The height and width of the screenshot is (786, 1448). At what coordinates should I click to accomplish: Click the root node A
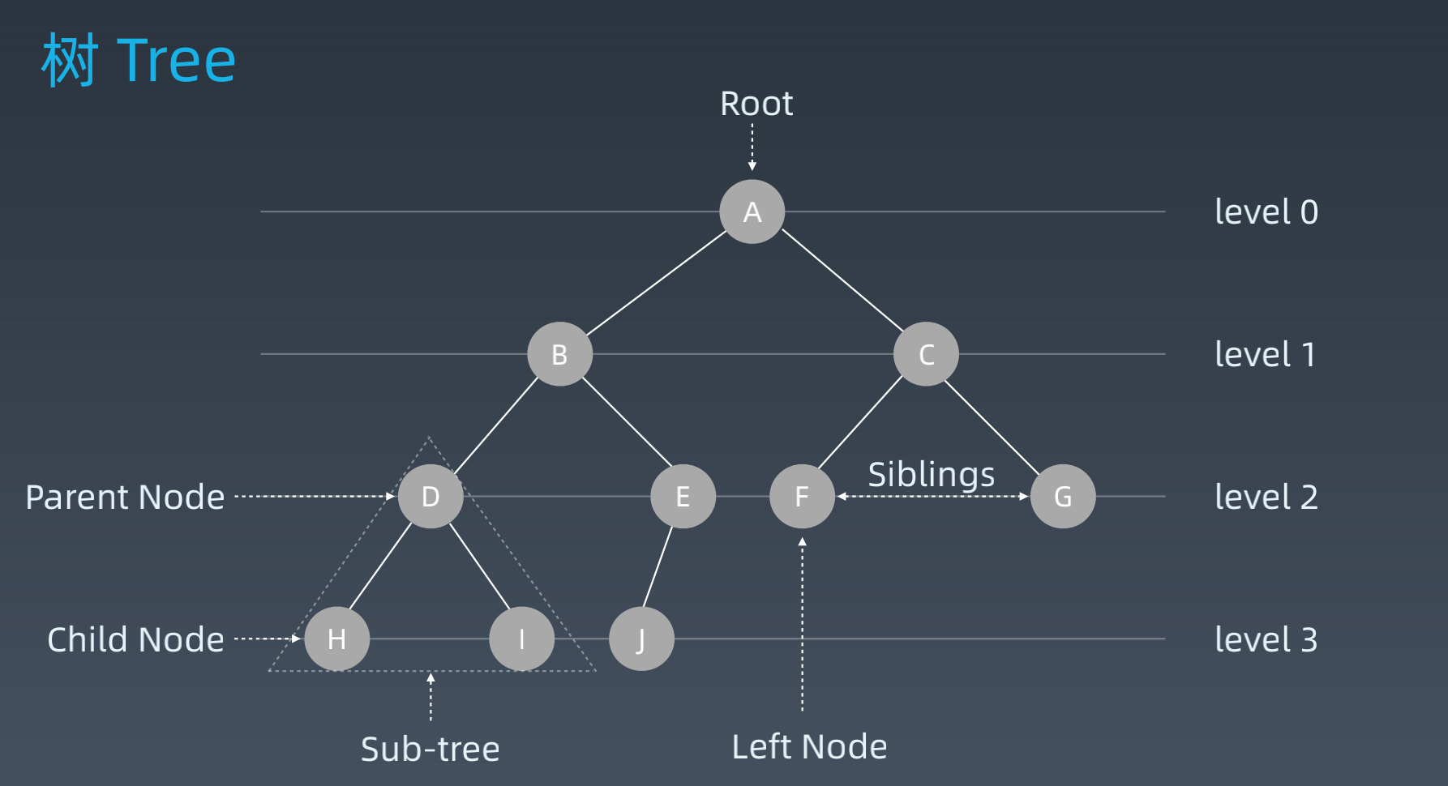[x=752, y=211]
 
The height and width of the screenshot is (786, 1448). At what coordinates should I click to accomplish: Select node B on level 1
[x=559, y=354]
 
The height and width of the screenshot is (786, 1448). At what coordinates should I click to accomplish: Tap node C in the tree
[x=926, y=354]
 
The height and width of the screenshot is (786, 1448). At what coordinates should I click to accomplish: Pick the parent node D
[x=431, y=496]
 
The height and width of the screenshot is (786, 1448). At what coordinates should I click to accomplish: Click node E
[x=683, y=496]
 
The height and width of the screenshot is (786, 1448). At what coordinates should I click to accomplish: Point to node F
[x=802, y=496]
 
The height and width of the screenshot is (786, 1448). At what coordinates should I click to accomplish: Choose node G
[x=1062, y=496]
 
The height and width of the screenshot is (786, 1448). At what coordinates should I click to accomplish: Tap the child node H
[x=337, y=639]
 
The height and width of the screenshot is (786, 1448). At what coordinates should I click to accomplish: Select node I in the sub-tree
[x=521, y=639]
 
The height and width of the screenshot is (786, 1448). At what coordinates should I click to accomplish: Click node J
[x=641, y=639]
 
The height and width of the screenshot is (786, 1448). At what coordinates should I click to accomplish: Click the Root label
[x=756, y=104]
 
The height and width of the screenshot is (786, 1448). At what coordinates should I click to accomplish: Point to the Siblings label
[x=931, y=475]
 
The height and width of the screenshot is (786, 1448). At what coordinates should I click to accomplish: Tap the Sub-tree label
[x=430, y=749]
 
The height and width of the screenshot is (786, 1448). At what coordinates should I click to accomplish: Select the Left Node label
[x=809, y=746]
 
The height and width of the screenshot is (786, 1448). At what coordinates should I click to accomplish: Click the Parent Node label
[x=125, y=497]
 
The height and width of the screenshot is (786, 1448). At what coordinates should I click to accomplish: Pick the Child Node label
[x=135, y=639]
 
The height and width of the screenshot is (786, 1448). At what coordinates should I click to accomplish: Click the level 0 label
[x=1266, y=211]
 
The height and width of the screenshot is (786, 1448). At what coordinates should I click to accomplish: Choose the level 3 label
[x=1266, y=639]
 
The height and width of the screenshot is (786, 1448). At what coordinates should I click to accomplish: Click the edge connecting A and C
[x=842, y=280]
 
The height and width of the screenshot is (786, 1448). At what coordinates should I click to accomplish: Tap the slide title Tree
[x=139, y=60]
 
